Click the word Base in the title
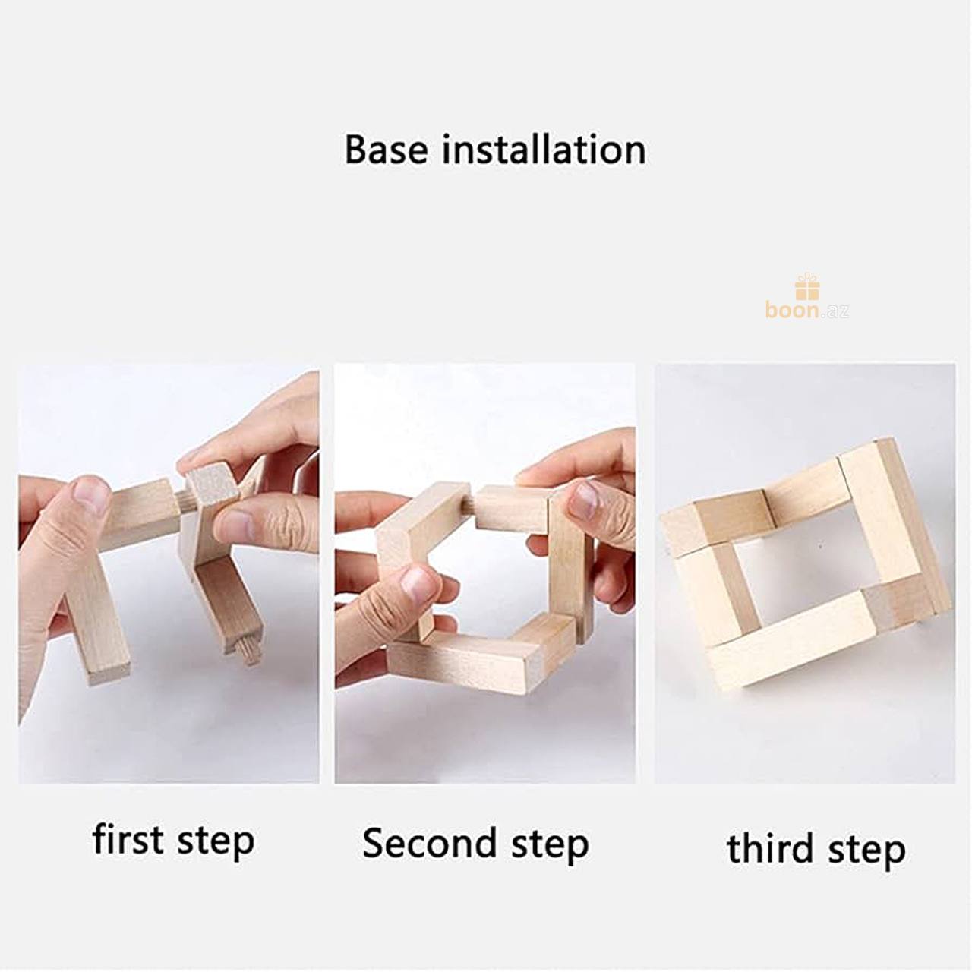coord(386,150)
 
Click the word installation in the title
coord(544,150)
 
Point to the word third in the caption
coord(770,848)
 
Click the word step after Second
coord(550,845)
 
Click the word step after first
coord(216,841)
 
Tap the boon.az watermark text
coord(806,309)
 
